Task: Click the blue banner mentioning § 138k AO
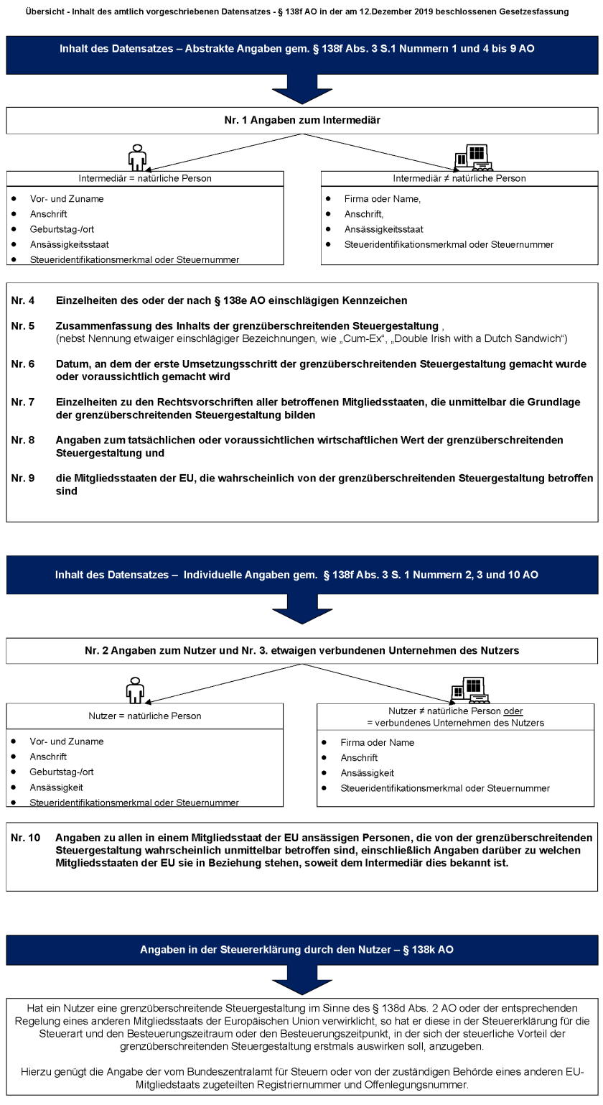click(301, 949)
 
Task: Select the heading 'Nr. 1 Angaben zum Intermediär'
click(301, 121)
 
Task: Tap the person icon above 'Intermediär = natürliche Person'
click(136, 157)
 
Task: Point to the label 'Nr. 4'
click(22, 300)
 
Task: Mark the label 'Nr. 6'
click(22, 364)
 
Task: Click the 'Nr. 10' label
click(25, 838)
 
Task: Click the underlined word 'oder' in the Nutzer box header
click(513, 711)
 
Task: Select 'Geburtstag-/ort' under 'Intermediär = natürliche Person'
click(62, 229)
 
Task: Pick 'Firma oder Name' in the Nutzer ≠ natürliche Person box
click(377, 742)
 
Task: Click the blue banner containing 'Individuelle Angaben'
click(301, 575)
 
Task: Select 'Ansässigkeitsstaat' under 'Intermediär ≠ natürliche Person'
click(383, 229)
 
